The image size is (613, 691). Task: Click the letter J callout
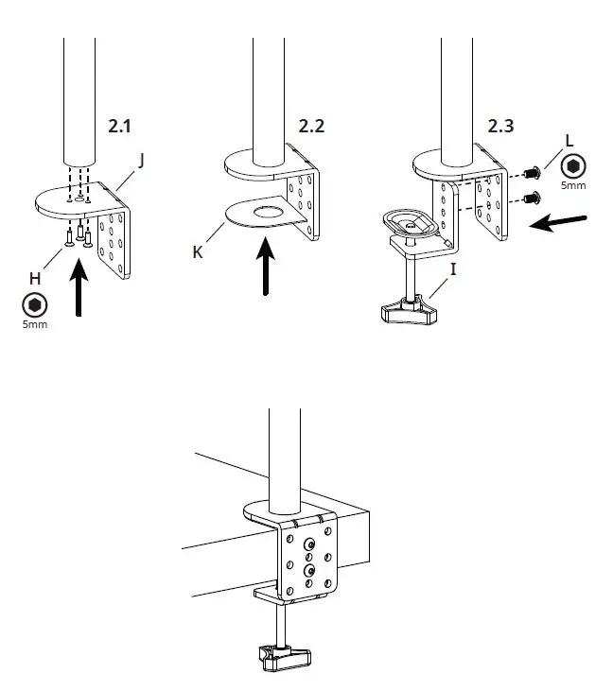[141, 160]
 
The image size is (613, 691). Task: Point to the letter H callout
[34, 278]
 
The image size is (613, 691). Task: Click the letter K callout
[198, 252]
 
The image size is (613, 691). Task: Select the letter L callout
[569, 140]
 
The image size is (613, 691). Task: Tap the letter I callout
[453, 269]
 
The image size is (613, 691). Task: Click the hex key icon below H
[35, 305]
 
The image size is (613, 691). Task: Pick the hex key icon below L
[572, 166]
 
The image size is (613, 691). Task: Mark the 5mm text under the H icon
[35, 324]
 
